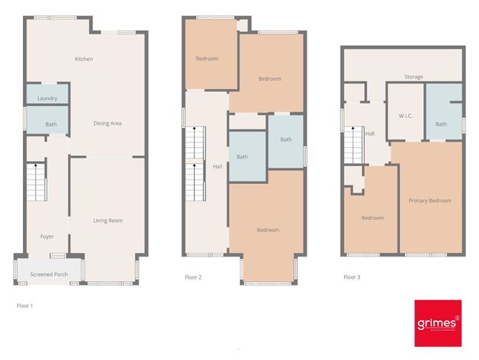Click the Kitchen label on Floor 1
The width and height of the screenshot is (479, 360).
(x=84, y=59)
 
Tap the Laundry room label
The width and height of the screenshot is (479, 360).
(x=47, y=98)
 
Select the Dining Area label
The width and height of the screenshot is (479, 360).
(x=107, y=124)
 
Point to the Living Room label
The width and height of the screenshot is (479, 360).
(x=108, y=221)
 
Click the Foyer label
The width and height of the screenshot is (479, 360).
(x=47, y=236)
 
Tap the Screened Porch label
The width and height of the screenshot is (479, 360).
(x=47, y=274)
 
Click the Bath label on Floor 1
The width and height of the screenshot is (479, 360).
(x=51, y=124)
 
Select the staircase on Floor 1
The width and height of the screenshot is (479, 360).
(x=36, y=183)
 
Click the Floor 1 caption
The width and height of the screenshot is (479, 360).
(x=25, y=305)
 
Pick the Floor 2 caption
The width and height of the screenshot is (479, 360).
(x=192, y=277)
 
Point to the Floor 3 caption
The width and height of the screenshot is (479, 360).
(x=351, y=277)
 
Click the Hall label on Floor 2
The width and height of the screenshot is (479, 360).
(x=217, y=167)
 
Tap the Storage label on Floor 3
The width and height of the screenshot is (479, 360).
(x=413, y=77)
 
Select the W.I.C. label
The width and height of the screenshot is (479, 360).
(x=404, y=116)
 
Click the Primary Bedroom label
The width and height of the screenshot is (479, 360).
(x=429, y=200)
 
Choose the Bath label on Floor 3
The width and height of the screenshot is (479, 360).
(x=440, y=124)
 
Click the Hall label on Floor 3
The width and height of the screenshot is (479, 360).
(x=370, y=134)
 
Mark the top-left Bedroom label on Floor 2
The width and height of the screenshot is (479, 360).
(x=207, y=59)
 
